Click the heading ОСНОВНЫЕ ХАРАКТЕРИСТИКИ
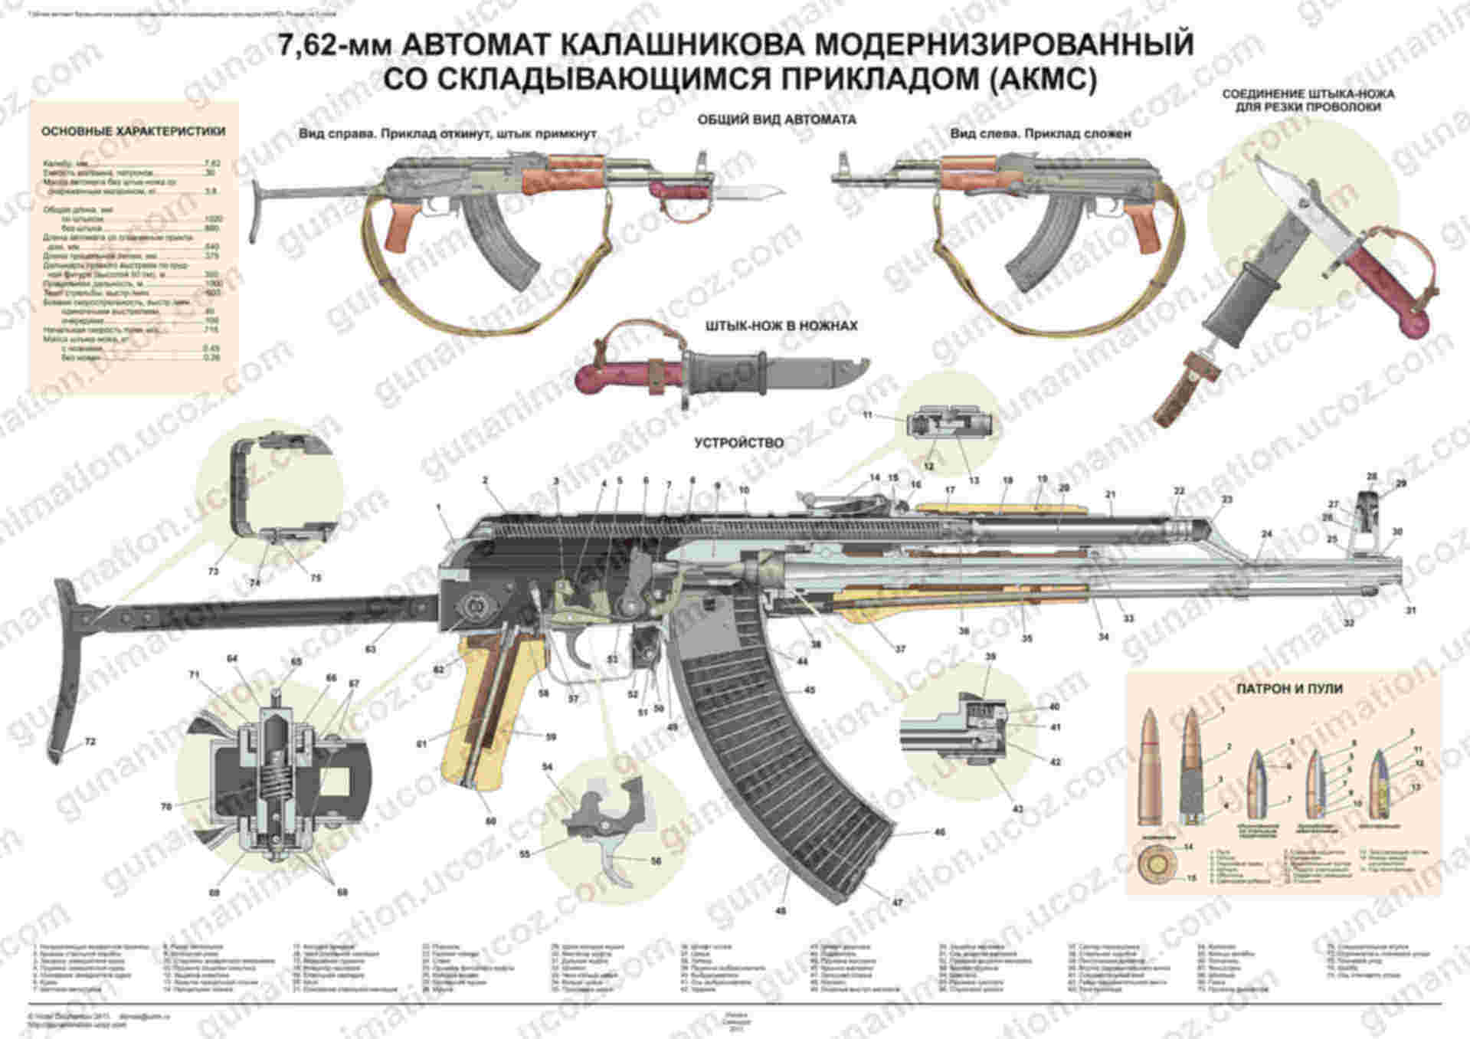133,132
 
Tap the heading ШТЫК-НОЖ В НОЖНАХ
781,326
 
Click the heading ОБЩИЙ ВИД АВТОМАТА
776,120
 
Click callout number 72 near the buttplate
90,742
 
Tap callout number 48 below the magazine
781,911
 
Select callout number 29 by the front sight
1401,483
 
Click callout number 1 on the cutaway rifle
439,507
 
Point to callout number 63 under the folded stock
370,650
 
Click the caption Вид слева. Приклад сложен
1041,134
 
